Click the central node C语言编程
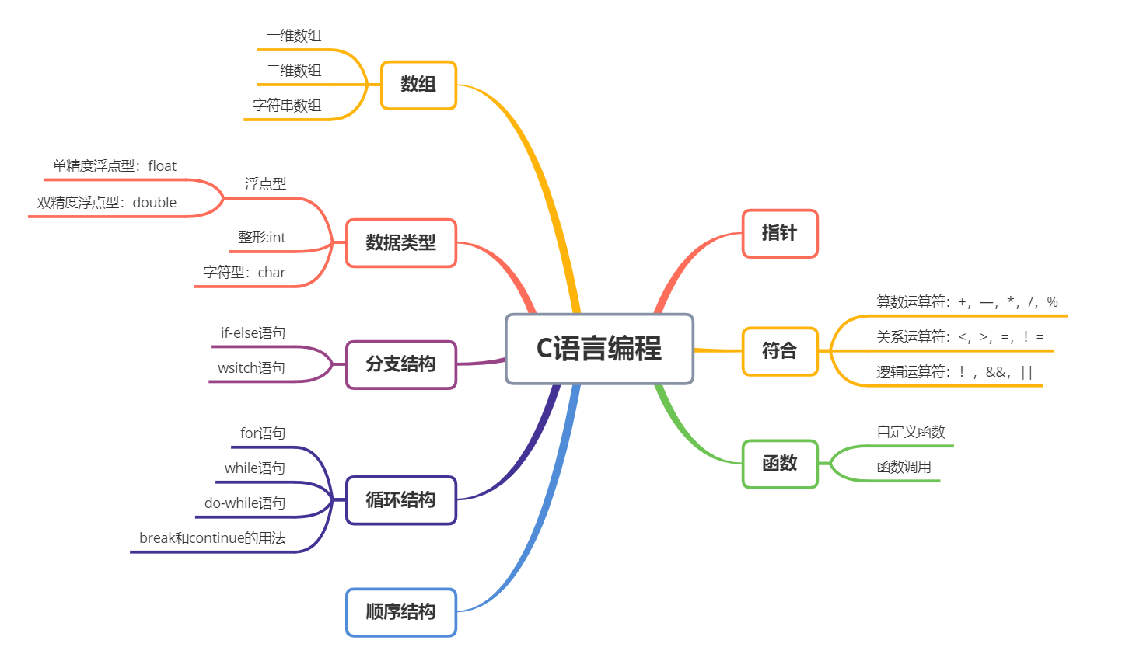(599, 349)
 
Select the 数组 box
(418, 85)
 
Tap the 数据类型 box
(400, 243)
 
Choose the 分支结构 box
(400, 364)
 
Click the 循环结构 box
(400, 500)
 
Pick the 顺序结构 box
(400, 612)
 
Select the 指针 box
(779, 233)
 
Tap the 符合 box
(779, 351)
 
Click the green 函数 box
(779, 464)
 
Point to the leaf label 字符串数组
(287, 106)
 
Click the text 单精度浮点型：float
(114, 166)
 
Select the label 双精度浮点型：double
(107, 203)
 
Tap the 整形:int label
(262, 238)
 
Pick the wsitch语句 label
(251, 368)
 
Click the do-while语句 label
(245, 503)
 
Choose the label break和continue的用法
(212, 538)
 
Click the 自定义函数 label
(911, 432)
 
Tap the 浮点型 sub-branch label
(265, 184)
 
